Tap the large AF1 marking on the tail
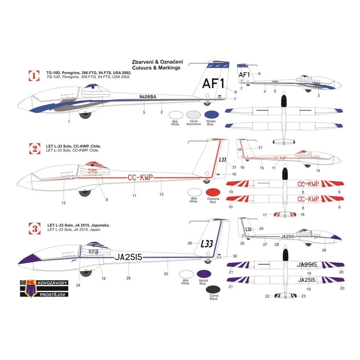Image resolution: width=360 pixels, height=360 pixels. [213, 84]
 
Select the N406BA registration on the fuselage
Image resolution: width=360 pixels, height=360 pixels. [148, 96]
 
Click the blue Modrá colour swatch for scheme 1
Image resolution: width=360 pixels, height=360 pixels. [211, 114]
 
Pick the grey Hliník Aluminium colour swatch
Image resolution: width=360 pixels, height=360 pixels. [194, 114]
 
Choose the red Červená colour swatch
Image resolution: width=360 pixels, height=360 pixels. [212, 192]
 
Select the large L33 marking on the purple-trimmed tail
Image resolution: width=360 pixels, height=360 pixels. [207, 244]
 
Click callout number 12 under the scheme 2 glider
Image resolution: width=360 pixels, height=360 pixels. [64, 203]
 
